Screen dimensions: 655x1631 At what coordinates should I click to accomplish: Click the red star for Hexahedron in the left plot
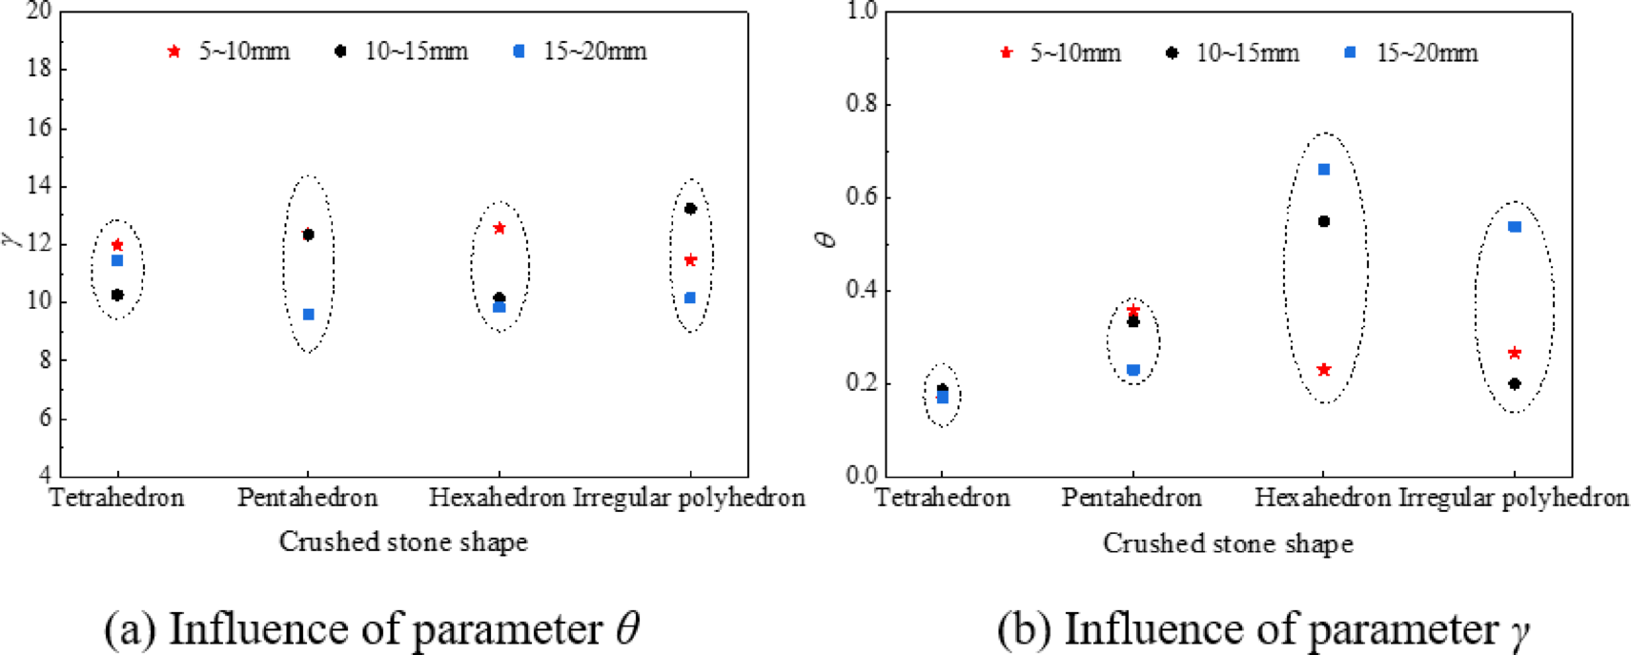click(499, 229)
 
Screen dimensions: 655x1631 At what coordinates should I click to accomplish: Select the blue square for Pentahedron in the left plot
click(308, 315)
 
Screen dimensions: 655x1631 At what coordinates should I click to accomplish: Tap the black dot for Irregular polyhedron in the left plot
click(690, 209)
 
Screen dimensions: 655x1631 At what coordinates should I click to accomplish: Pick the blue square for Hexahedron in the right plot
click(1323, 170)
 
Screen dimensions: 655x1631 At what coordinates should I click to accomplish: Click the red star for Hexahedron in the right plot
click(1323, 370)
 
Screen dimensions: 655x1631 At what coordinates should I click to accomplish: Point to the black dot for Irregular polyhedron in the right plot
click(1515, 384)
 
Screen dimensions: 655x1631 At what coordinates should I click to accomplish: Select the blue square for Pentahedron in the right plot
click(1132, 370)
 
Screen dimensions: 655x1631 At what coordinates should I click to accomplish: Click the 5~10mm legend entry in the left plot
click(229, 51)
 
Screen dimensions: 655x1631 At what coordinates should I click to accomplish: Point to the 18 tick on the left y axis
click(39, 70)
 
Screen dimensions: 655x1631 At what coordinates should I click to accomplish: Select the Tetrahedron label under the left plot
click(116, 498)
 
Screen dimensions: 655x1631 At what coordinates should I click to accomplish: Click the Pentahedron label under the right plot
click(1132, 498)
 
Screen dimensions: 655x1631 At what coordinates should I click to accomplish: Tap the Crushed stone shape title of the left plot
click(403, 542)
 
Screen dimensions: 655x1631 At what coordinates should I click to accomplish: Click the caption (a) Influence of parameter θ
click(372, 629)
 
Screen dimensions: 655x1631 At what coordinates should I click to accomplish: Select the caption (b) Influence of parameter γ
click(1263, 629)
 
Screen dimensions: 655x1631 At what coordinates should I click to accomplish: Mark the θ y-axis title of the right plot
click(826, 239)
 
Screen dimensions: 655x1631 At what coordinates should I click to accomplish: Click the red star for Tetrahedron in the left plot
click(117, 246)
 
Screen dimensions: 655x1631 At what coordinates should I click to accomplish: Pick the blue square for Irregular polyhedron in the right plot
click(1515, 227)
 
